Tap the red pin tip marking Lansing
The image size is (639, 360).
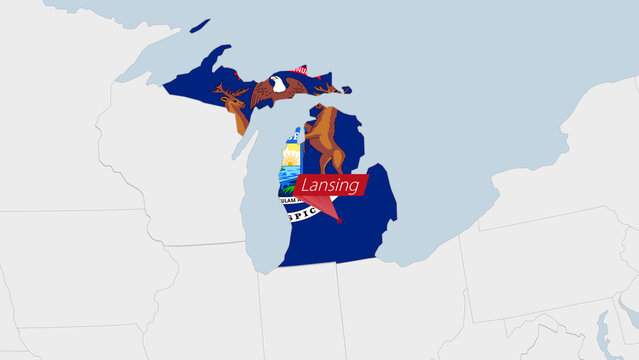click(x=339, y=222)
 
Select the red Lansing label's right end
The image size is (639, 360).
click(x=365, y=183)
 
